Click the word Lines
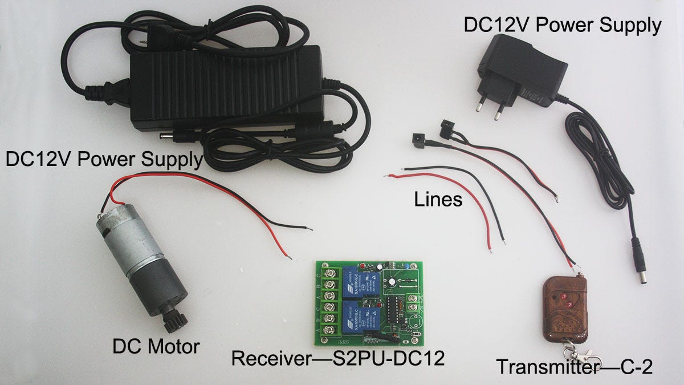click(x=438, y=200)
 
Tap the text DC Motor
click(x=156, y=346)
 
